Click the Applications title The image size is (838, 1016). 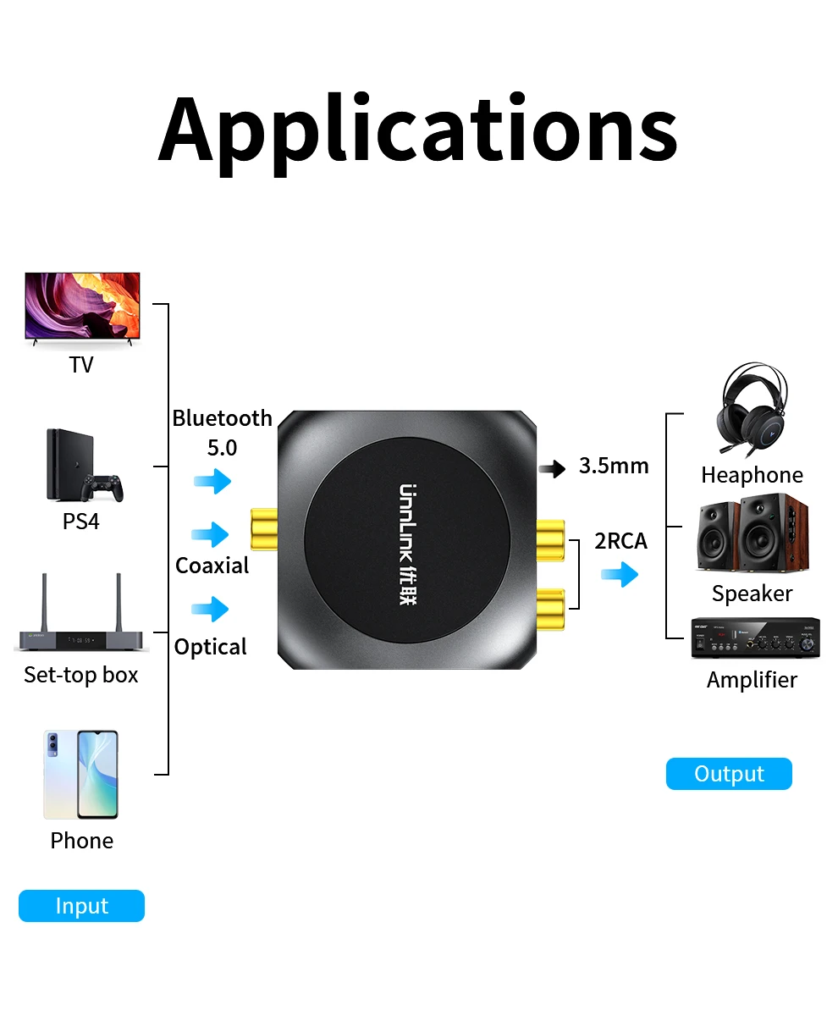tap(418, 130)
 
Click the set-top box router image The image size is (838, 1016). tap(81, 616)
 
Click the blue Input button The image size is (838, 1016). tap(81, 906)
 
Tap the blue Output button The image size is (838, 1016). tap(729, 774)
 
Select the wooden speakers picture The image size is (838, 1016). tap(752, 537)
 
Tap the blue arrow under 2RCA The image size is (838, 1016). tap(620, 575)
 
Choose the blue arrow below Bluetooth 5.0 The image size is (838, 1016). tap(212, 482)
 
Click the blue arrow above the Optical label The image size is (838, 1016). tap(210, 609)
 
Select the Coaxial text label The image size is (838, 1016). tap(212, 566)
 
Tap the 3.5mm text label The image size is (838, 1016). tap(614, 466)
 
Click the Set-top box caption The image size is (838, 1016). tap(81, 675)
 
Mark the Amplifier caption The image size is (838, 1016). tap(752, 680)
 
